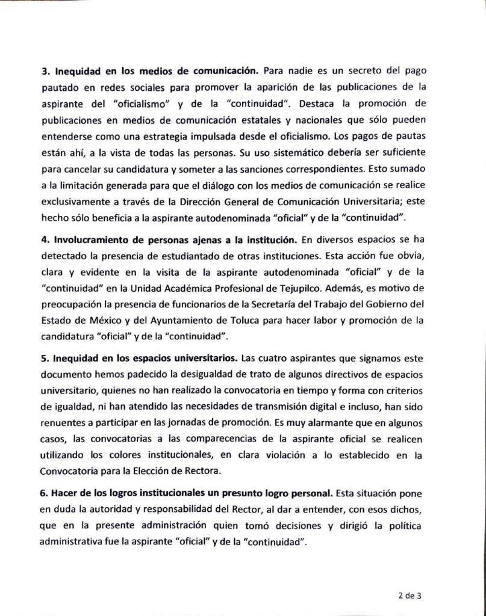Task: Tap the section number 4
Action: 45,239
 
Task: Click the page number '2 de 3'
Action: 409,597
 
